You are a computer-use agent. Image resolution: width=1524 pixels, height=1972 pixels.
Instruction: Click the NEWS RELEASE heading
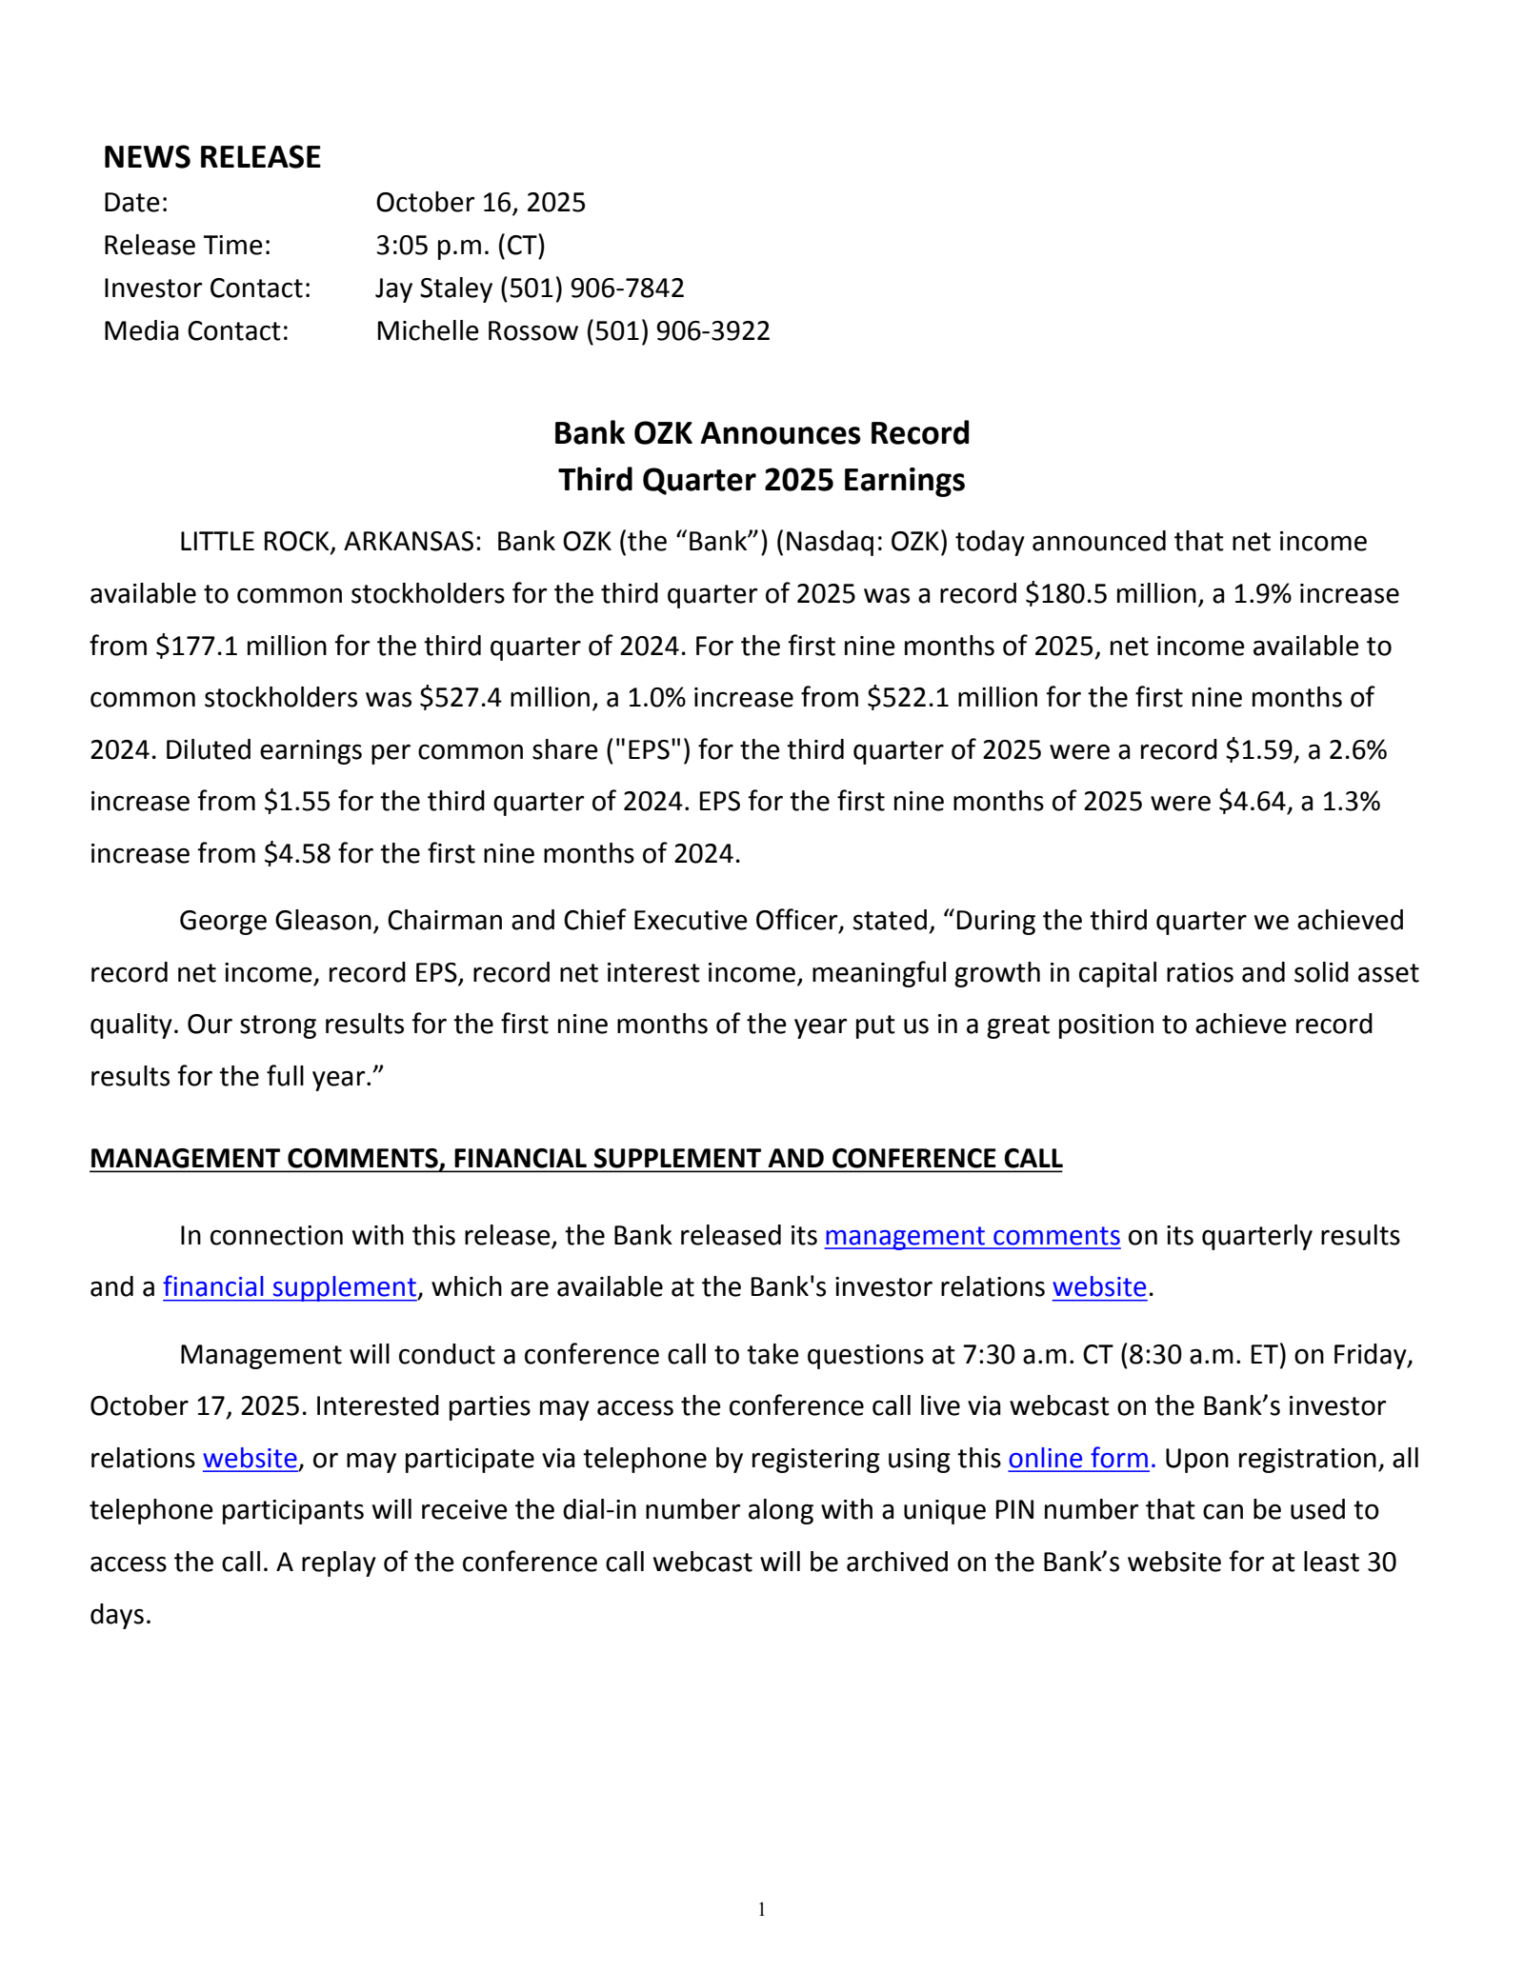click(211, 157)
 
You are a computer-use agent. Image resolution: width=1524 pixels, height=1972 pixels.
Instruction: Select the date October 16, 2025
click(480, 203)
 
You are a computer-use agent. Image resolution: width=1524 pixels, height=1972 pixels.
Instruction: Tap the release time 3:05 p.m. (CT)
click(460, 246)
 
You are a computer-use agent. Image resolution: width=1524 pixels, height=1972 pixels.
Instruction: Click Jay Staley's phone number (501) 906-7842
click(592, 289)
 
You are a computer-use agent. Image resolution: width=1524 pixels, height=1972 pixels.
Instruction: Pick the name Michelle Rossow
click(476, 331)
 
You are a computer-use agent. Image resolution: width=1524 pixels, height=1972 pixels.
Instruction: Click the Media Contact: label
click(195, 331)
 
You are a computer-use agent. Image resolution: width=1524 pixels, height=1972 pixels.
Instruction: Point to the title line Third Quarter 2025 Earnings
click(761, 480)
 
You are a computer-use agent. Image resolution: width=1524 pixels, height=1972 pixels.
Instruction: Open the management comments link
click(972, 1236)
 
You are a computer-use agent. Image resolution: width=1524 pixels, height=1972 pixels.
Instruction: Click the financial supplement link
click(290, 1287)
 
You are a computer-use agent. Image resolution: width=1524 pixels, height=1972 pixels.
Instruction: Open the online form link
click(1078, 1459)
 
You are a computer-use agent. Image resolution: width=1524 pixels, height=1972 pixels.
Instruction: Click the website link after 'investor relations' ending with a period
click(1099, 1287)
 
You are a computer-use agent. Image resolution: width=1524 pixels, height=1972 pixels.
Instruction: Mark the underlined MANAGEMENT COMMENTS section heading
click(575, 1159)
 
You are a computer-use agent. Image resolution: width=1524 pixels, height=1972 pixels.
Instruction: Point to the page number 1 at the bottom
click(761, 1909)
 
